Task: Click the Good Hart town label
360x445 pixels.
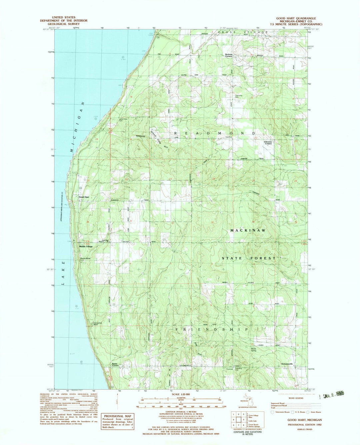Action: point(84,197)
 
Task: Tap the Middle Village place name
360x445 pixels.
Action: point(86,246)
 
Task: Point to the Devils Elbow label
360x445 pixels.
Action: point(85,258)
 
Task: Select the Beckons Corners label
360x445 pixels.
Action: point(228,55)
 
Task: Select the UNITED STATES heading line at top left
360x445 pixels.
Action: point(63,17)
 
